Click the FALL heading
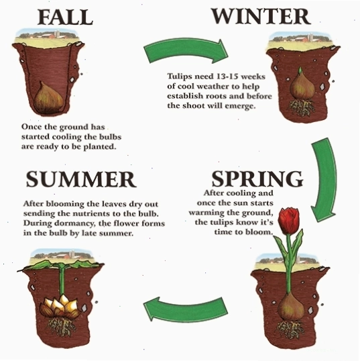pyautogui.click(x=65, y=17)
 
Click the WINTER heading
pyautogui.click(x=261, y=16)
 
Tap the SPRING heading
pyautogui.click(x=257, y=179)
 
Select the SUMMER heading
pyautogui.click(x=81, y=179)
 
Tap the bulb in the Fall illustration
pyautogui.click(x=48, y=97)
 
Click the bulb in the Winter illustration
pyautogui.click(x=302, y=89)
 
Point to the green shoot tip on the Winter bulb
pyautogui.click(x=300, y=71)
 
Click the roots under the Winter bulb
pyautogui.click(x=301, y=107)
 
